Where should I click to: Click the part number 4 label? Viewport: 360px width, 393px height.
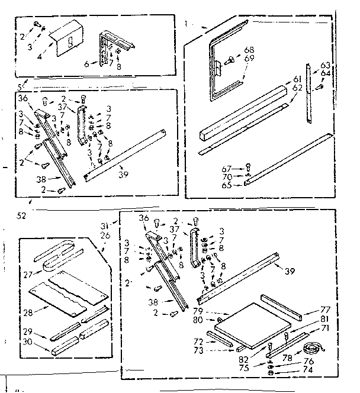click(40, 58)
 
